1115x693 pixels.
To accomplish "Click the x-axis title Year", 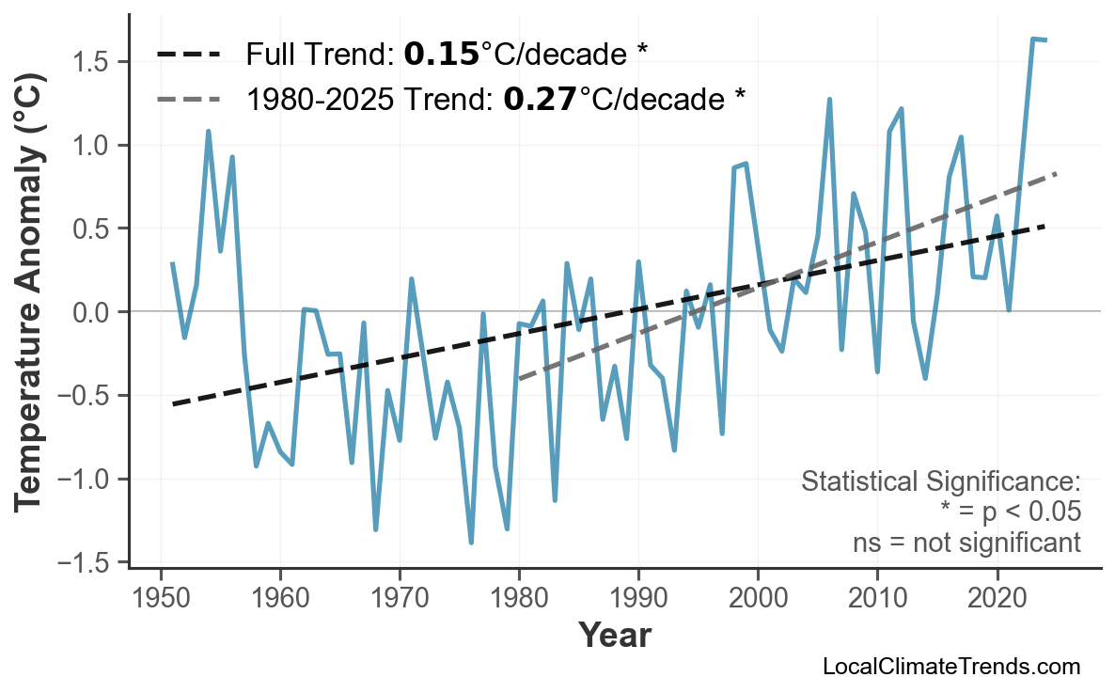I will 614,636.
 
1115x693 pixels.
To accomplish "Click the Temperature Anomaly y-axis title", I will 30,312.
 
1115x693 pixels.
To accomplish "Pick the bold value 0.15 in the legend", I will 441,55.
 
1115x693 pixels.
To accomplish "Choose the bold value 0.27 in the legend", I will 540,97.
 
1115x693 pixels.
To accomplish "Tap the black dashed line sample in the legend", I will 189,55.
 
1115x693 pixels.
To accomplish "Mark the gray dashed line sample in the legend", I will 189,97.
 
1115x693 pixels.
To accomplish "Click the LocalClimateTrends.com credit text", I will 950,667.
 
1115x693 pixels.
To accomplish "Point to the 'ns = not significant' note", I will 966,543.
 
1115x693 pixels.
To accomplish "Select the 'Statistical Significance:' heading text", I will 940,482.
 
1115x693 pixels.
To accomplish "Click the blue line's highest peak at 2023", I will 1033,39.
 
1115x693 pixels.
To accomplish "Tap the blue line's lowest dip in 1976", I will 471,543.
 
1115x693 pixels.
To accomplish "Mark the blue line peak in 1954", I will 208,132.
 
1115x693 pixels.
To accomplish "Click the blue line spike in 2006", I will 829,99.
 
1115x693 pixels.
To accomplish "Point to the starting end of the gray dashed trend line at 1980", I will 519,379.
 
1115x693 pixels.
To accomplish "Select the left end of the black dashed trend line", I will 173,404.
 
